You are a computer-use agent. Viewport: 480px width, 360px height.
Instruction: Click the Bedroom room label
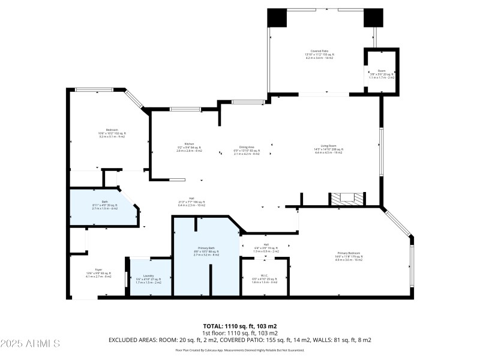(112, 130)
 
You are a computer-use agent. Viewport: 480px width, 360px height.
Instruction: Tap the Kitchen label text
(189, 145)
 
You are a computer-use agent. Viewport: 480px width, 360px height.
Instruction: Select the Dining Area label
(247, 148)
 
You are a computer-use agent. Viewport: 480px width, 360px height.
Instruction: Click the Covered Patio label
(319, 52)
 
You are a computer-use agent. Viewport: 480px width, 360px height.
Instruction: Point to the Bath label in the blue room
(105, 202)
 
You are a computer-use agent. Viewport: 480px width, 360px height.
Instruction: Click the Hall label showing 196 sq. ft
(192, 199)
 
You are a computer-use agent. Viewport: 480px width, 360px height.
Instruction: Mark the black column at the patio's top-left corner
(277, 17)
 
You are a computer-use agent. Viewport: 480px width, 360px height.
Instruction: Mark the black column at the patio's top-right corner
(373, 17)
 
